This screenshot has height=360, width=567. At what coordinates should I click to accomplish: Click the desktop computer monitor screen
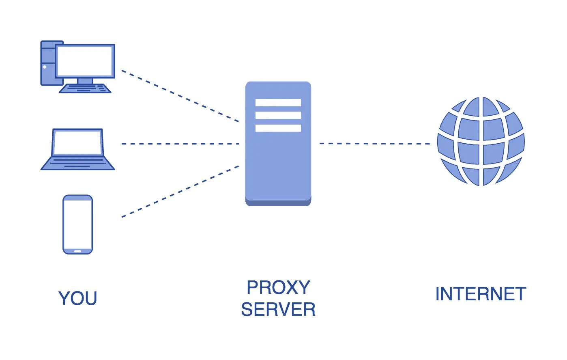click(85, 61)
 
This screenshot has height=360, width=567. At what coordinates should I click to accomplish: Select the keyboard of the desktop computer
click(85, 88)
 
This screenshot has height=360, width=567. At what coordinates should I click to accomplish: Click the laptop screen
click(77, 142)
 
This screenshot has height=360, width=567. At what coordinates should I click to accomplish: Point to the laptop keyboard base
click(78, 163)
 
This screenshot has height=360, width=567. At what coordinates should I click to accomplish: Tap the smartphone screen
click(78, 224)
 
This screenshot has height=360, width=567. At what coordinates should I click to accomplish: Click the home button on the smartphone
click(78, 251)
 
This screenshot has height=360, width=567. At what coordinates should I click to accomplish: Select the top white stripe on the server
click(278, 103)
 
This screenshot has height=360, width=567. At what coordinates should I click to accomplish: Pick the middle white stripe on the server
click(278, 115)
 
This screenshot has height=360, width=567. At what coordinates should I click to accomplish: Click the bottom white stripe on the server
click(278, 128)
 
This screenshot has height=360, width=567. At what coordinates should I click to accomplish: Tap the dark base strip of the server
click(278, 203)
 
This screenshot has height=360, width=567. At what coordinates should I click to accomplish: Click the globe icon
click(481, 142)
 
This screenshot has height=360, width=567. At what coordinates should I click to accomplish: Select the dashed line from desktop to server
click(180, 96)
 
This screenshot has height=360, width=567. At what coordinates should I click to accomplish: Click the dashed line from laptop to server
click(180, 144)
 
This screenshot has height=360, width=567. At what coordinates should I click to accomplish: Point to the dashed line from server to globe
click(375, 144)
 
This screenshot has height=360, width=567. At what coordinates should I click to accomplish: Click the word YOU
click(78, 298)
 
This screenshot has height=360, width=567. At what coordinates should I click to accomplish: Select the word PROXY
click(278, 288)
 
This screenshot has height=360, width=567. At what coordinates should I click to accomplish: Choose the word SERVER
click(278, 310)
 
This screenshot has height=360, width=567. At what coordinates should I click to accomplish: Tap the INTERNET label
click(481, 294)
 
